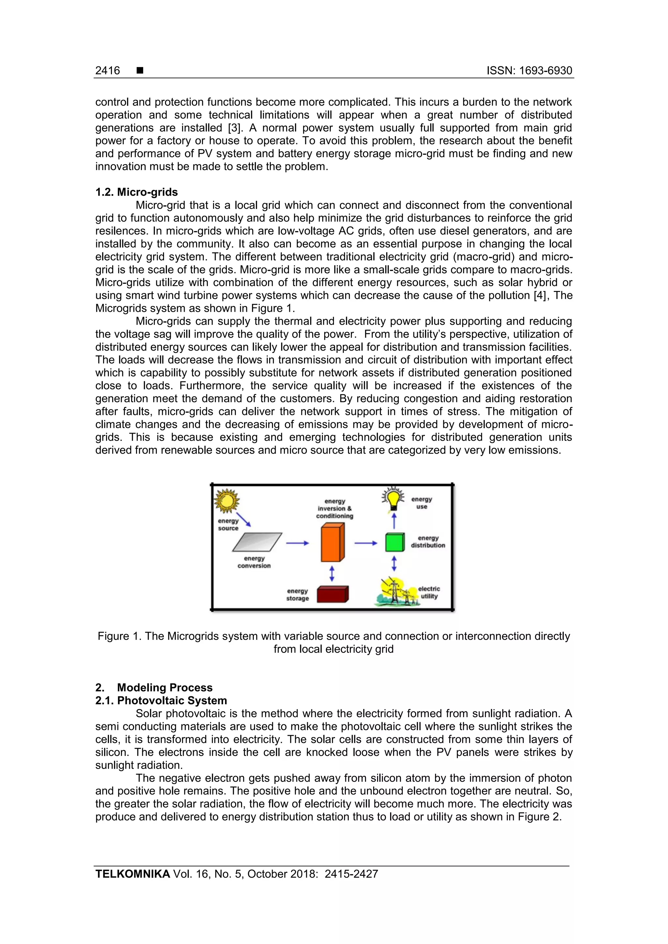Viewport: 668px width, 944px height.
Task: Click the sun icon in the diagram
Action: pyautogui.click(x=227, y=501)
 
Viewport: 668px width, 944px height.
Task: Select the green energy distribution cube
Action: pyautogui.click(x=395, y=542)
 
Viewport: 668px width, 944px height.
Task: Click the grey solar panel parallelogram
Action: pyautogui.click(x=257, y=542)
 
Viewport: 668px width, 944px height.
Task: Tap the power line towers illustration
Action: pyautogui.click(x=397, y=592)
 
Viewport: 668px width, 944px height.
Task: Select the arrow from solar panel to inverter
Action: pyautogui.click(x=297, y=543)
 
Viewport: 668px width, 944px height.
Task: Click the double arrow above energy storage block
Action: pyautogui.click(x=332, y=573)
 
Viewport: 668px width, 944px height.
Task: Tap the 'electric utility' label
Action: pyautogui.click(x=429, y=592)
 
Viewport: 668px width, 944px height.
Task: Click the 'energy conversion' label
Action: pyautogui.click(x=254, y=562)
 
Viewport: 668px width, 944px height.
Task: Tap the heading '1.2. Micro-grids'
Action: pyautogui.click(x=137, y=192)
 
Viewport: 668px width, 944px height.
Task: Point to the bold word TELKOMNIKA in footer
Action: pyautogui.click(x=132, y=874)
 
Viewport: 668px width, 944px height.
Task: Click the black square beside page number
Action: pyautogui.click(x=140, y=70)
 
